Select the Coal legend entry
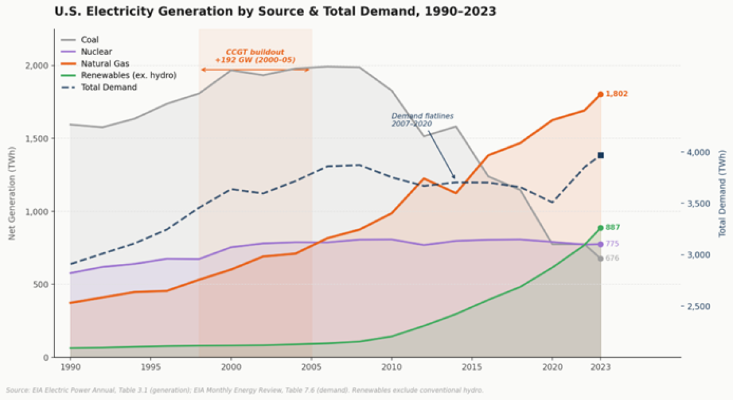pos(90,40)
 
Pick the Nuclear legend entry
pos(97,52)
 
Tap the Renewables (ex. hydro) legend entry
pos(128,76)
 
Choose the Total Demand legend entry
pos(109,87)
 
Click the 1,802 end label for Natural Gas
pos(616,94)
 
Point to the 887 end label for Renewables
pos(613,228)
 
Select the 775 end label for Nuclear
pos(613,244)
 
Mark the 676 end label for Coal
pos(613,258)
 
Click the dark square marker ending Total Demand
pos(600,156)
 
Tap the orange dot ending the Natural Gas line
pos(600,94)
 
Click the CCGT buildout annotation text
pos(255,56)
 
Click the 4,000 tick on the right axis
pos(697,152)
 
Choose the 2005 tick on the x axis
pos(311,368)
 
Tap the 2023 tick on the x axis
pos(600,368)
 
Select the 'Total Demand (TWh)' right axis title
pos(722,194)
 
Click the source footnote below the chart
pos(244,390)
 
